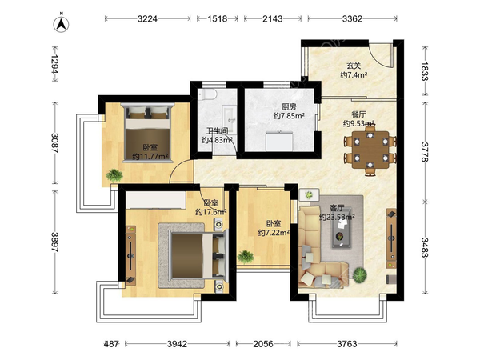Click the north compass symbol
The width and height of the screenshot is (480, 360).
pos(62,24)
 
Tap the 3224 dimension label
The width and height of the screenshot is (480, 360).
pos(147,19)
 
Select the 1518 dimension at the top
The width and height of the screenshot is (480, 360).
pos(218,19)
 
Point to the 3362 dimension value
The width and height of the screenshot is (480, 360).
pos(352,19)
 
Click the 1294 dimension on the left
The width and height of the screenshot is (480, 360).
pos(54,64)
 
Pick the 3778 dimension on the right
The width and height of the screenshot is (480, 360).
pos(425,152)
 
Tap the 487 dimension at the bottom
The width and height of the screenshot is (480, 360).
pos(111,344)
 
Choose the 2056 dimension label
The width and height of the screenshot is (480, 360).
pos(263,344)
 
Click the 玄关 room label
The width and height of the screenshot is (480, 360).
pos(354,66)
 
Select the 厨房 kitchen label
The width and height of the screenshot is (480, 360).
pos(289,107)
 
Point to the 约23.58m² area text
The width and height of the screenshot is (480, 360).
pos(337,218)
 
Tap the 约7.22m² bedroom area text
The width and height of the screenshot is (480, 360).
pos(274,233)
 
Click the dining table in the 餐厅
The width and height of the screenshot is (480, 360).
pos(370,150)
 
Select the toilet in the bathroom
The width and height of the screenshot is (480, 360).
pos(207,95)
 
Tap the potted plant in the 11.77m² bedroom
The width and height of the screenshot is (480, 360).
pos(114,175)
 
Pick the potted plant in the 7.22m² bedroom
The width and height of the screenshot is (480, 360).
pos(246,257)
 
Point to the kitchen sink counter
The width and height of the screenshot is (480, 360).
pos(279,141)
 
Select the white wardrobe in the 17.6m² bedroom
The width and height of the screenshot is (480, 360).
pos(155,200)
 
